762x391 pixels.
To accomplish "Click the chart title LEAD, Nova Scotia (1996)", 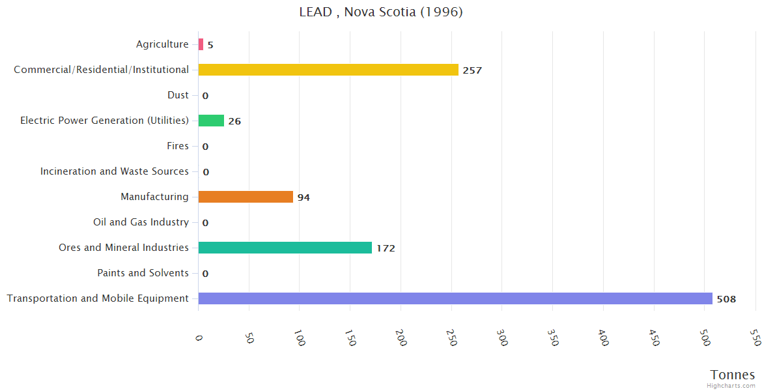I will [x=381, y=12].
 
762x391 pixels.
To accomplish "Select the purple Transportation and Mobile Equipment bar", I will [x=455, y=298].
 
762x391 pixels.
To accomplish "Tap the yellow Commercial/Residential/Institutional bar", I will [x=328, y=70].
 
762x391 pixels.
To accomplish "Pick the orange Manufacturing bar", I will [x=246, y=197].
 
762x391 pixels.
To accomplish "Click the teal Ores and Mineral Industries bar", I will [x=285, y=248].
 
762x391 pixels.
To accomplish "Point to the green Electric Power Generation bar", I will [x=211, y=121].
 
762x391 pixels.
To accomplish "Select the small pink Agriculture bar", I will [x=201, y=44].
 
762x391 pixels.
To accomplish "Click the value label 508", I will [x=726, y=299].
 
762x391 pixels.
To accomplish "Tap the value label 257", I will [x=472, y=70].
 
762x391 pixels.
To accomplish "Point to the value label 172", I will [x=386, y=248].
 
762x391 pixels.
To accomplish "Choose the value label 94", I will [x=303, y=197].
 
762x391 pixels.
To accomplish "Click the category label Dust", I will [x=178, y=95].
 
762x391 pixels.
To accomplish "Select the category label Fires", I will [x=177, y=146].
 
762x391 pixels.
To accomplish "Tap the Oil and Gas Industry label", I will [x=141, y=222].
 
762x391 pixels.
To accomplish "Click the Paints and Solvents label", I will [x=143, y=273].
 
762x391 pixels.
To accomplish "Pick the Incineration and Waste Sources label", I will [x=114, y=171].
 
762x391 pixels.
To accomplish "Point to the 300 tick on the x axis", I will [x=501, y=337].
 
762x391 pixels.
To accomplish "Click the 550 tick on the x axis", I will [x=754, y=337].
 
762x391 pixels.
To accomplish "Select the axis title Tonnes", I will [x=732, y=375].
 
